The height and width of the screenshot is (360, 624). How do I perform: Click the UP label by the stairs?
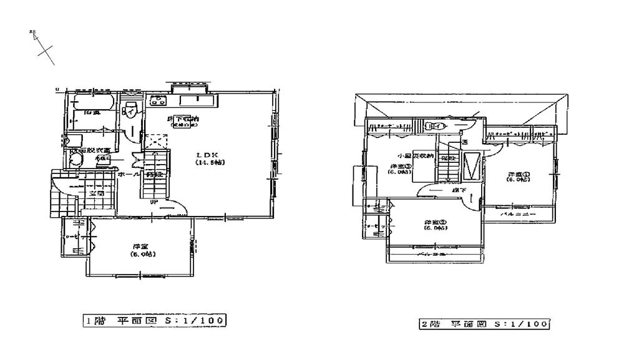click(x=152, y=201)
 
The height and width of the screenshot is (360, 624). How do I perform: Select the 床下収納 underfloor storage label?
click(x=183, y=119)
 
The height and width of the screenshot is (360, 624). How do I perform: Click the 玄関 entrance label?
click(x=96, y=194)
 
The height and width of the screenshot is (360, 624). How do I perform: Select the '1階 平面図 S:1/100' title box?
click(x=154, y=321)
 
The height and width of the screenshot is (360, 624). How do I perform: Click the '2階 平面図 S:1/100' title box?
click(x=484, y=324)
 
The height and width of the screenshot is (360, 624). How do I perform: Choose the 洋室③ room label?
click(x=400, y=168)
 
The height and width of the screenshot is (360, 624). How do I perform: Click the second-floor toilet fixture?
click(x=431, y=127)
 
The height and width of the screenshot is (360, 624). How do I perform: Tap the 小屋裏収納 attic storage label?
click(x=411, y=155)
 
